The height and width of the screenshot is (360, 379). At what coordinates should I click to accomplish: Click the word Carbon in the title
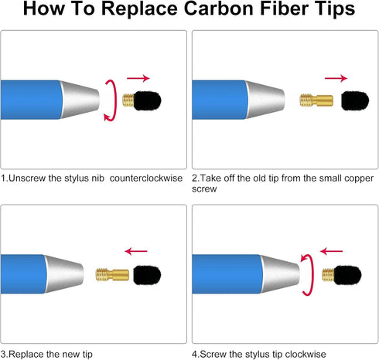pos(220,8)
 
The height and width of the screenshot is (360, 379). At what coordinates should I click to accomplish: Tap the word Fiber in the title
pos(285,8)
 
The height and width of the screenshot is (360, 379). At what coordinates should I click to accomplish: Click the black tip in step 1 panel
pos(147,100)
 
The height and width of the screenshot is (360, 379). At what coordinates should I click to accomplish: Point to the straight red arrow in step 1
pos(138,78)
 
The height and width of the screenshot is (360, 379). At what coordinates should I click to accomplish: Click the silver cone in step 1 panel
pos(80,100)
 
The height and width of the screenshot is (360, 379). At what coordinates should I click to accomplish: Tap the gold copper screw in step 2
pos(316,100)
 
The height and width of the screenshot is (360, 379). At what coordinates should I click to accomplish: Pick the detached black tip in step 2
pos(355,100)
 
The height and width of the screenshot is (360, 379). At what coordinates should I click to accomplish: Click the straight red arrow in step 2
pos(336,78)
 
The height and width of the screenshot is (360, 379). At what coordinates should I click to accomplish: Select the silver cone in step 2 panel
pos(265,100)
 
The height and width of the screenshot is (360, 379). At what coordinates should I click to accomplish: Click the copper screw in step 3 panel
pos(112,274)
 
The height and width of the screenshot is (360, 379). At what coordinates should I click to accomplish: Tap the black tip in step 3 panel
pos(147,275)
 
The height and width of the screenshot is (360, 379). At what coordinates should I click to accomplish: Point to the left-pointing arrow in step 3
pos(136,251)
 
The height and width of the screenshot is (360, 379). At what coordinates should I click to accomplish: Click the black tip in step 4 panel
pos(347,275)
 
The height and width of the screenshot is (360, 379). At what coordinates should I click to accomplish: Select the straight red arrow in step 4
pos(331,251)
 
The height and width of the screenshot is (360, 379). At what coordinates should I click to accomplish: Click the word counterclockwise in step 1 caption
pos(146,178)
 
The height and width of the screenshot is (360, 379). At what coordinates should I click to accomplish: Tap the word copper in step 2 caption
pos(359,178)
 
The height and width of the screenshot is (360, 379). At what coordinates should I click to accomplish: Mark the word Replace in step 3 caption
pos(23,355)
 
